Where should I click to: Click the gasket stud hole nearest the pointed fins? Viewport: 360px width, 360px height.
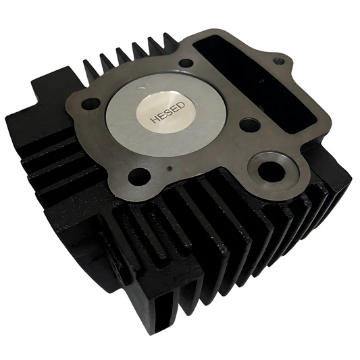pyautogui.click(x=186, y=63)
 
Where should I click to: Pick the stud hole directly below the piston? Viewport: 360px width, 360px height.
pyautogui.click(x=139, y=176)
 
